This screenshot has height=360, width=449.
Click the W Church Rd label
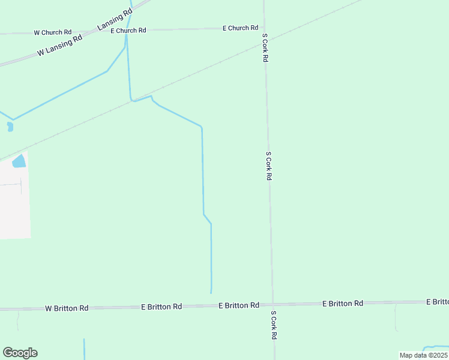coord(53,32)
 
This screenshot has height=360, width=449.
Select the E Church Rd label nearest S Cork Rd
coord(240,28)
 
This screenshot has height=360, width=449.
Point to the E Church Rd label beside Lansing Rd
coord(128,30)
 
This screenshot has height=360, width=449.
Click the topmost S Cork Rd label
coord(265,47)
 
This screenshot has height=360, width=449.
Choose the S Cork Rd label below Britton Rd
coord(273,325)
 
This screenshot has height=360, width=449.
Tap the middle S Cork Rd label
coord(269,166)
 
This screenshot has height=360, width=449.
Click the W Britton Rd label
coord(67,308)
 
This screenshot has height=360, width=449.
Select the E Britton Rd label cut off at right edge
coord(437,301)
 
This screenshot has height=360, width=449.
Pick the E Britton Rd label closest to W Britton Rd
coord(161,306)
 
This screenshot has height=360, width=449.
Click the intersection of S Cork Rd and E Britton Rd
coord(273,304)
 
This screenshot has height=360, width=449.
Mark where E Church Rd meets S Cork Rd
coord(264,27)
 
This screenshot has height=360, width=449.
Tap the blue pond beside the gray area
coord(19,161)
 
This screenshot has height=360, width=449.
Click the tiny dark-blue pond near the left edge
coord(10,127)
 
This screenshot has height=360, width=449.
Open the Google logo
coord(20,353)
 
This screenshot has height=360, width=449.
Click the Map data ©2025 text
coord(423,355)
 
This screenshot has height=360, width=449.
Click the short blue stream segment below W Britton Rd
coord(84,349)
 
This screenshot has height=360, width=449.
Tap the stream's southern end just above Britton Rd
coord(211,292)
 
